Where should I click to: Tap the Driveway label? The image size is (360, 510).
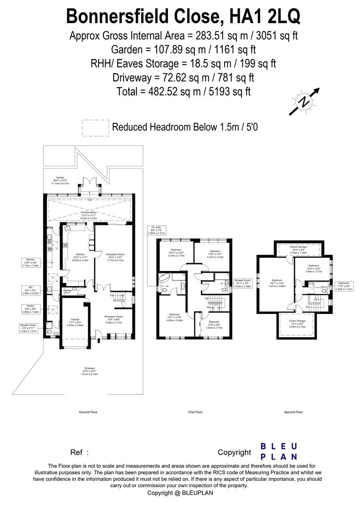click(89, 371)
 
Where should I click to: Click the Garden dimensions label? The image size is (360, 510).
click(60, 180)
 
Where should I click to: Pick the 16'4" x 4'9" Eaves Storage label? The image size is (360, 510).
click(298, 249)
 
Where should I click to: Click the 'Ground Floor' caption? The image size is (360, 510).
click(88, 412)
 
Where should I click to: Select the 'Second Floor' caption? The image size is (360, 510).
click(293, 412)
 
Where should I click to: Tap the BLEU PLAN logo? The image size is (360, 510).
click(279, 451)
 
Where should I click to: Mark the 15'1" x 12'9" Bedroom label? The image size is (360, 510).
click(176, 317)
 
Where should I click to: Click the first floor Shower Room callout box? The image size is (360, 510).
click(243, 283)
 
